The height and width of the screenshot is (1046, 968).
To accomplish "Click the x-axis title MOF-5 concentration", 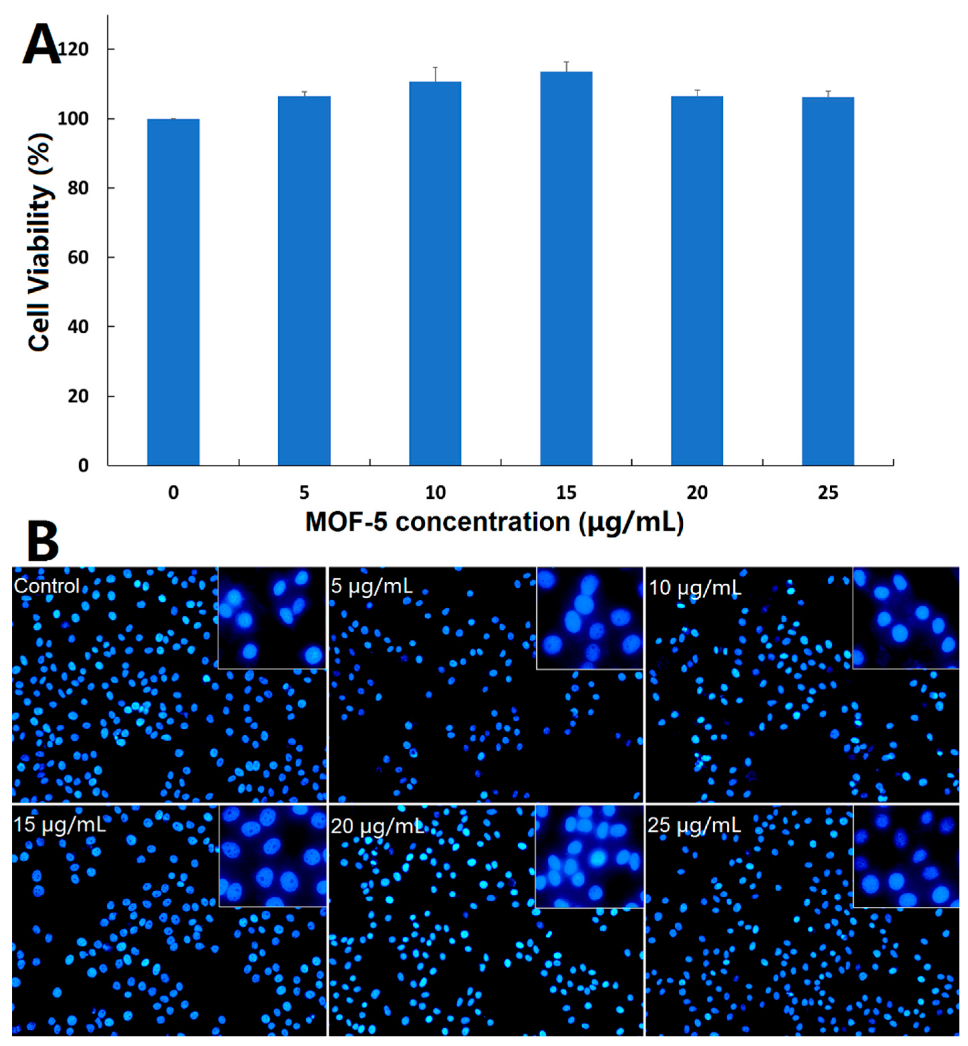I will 495,522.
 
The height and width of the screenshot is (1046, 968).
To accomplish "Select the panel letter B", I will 43,541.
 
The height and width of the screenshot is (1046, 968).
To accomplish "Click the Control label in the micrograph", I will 47,586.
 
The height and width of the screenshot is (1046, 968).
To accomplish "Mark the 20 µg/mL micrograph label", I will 377,826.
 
